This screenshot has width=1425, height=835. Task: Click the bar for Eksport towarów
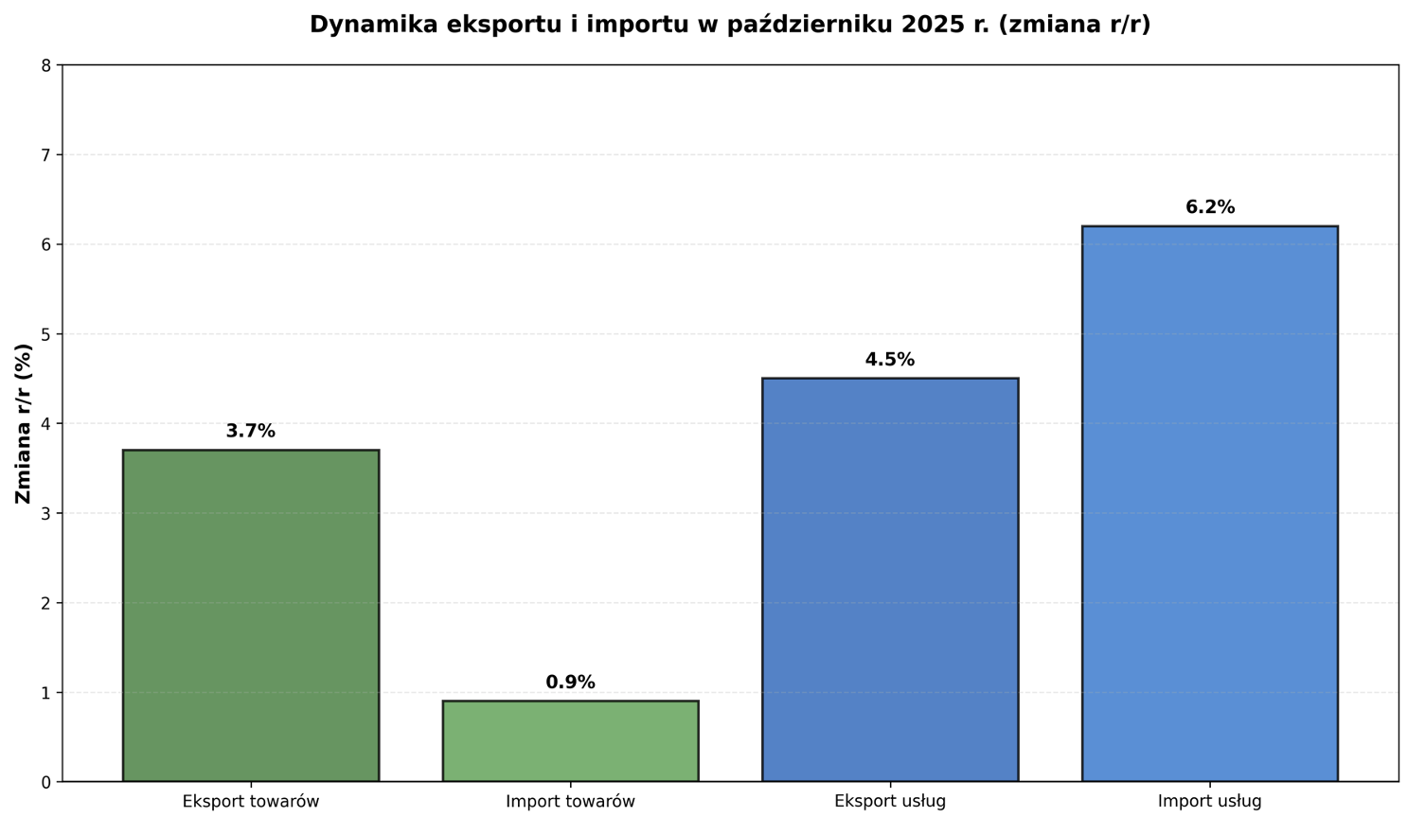tap(251, 615)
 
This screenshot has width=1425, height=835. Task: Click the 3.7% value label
tap(251, 432)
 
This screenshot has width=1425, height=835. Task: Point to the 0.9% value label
tap(570, 683)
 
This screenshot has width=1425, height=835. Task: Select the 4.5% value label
tap(890, 360)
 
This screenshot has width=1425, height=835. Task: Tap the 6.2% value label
tap(1209, 207)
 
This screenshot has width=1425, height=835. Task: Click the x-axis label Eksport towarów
tap(251, 802)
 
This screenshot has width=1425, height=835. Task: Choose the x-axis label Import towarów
tap(570, 802)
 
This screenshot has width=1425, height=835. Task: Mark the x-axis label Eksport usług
tap(890, 802)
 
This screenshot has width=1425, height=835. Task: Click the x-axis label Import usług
tap(1209, 802)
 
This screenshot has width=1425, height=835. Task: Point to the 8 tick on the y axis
tap(45, 65)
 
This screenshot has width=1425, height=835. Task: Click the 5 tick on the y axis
tap(45, 334)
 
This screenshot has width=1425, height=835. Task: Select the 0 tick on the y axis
tap(45, 782)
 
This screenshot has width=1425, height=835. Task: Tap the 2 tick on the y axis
tap(45, 603)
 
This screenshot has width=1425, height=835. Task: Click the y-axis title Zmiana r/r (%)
tap(24, 423)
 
